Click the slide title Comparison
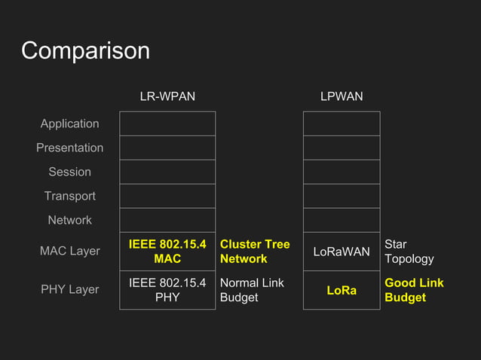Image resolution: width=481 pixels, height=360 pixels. pos(85,50)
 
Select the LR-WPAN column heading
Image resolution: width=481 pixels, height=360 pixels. pos(167,96)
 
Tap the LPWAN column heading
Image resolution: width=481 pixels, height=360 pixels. pos(342,96)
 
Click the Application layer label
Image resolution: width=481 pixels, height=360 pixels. pos(69,124)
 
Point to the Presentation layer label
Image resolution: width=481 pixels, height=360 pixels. pos(69,148)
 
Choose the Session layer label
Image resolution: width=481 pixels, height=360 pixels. pos(69,172)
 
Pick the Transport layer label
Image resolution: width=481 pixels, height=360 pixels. pos(69,196)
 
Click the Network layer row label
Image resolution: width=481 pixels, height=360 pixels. pos(69,220)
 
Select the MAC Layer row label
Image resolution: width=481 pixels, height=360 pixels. pos(69,251)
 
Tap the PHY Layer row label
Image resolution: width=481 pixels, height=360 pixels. pos(69,289)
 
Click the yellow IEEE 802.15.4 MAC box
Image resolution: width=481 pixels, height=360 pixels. pos(167,252)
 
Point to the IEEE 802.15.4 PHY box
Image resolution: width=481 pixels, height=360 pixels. pos(167,290)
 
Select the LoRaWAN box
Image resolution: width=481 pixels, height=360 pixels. pos(342,252)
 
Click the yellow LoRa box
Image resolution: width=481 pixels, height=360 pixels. pos(342,290)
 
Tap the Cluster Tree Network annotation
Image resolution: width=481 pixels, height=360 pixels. pos(254,252)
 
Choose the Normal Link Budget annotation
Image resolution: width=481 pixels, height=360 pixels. pos(252,290)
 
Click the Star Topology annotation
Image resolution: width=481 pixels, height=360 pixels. pos(409,252)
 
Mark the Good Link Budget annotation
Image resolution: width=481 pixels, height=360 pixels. pos(414,290)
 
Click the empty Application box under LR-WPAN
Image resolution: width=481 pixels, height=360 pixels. pos(167,124)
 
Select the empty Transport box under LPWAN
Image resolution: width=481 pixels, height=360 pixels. pos(342,196)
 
